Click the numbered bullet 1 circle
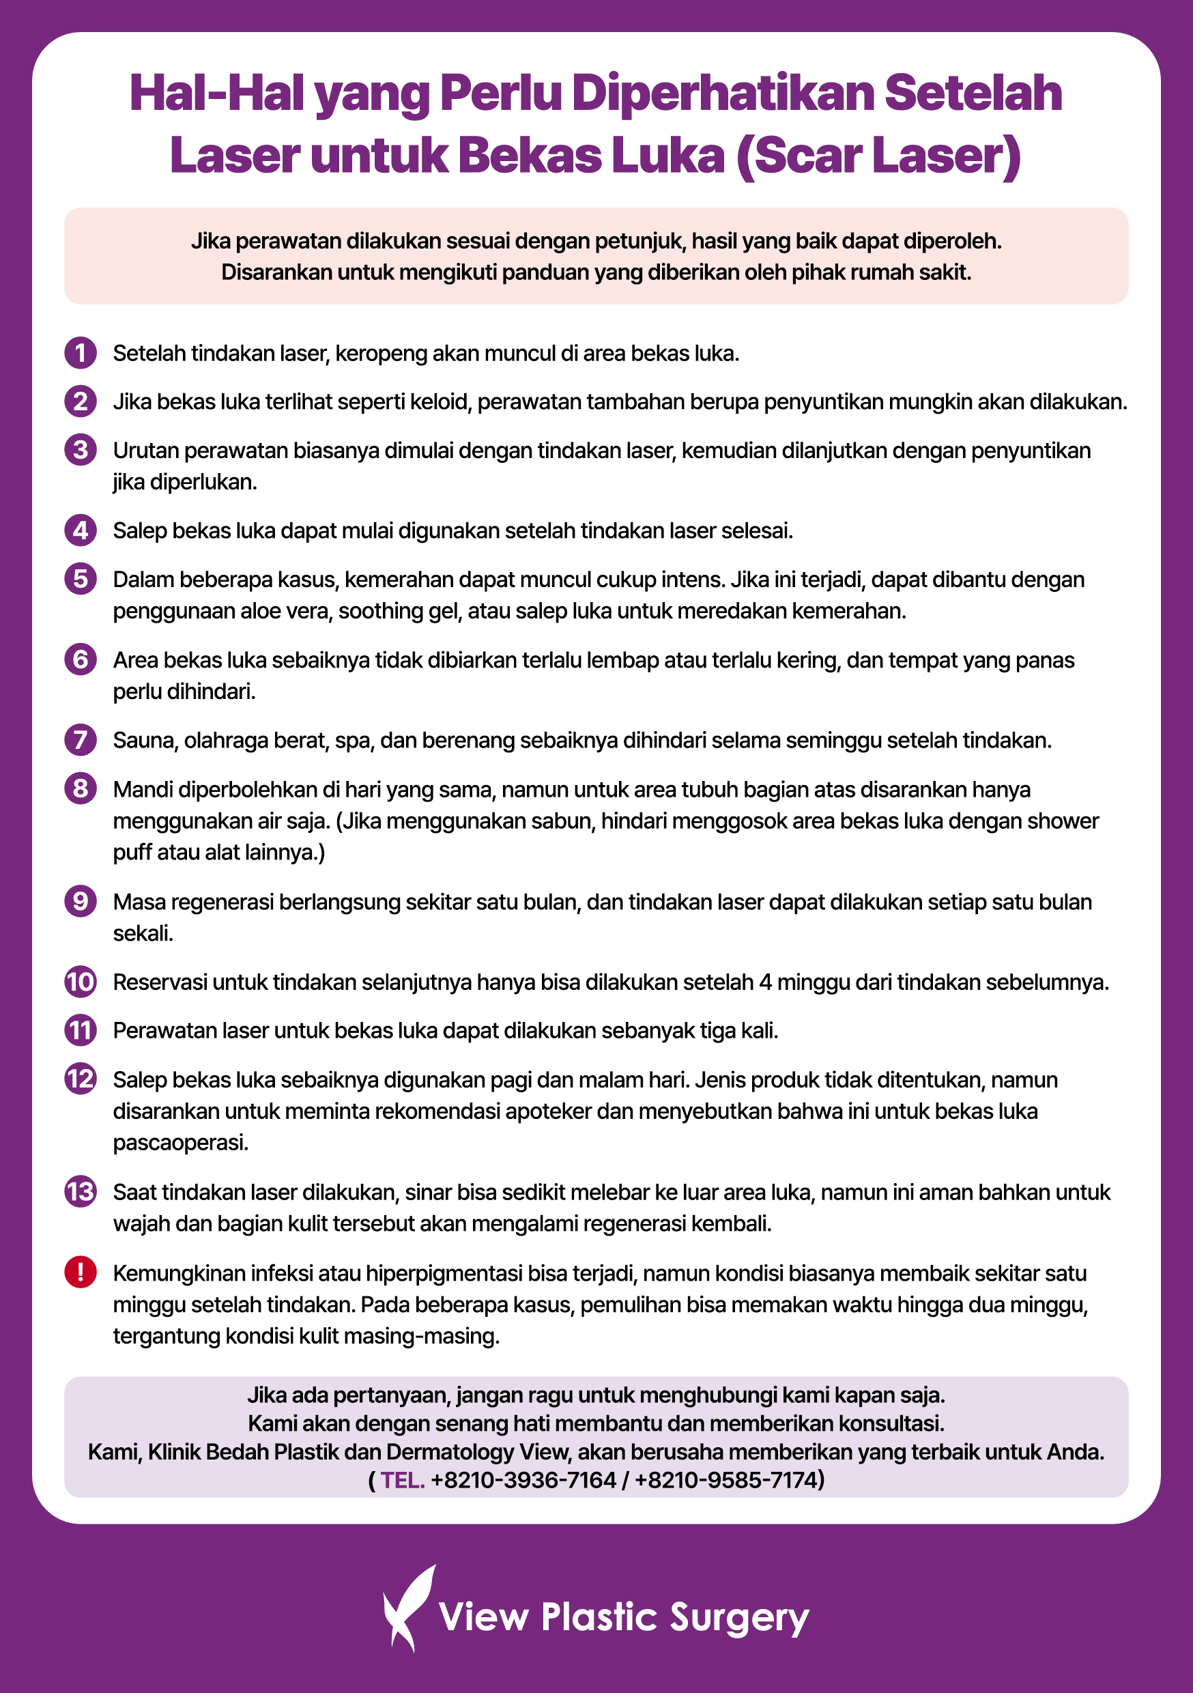(x=81, y=352)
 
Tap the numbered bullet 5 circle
(x=81, y=579)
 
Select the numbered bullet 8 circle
(x=81, y=788)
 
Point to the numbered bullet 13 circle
(x=81, y=1192)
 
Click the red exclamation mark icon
(x=81, y=1272)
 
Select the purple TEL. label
(x=403, y=1480)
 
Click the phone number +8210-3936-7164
(x=523, y=1480)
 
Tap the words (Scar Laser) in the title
(x=878, y=156)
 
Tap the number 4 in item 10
(x=765, y=982)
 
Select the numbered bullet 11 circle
(x=81, y=1030)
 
